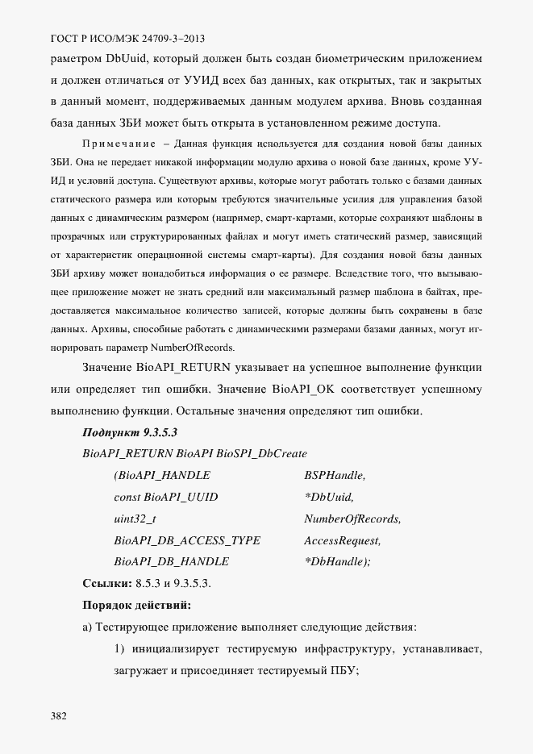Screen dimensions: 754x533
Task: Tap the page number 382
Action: coord(59,715)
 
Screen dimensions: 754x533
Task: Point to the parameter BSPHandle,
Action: coord(335,476)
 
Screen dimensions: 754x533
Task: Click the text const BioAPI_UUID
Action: coord(166,497)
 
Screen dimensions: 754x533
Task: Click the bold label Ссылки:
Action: coord(108,583)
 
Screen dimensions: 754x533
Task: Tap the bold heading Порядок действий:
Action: coord(136,605)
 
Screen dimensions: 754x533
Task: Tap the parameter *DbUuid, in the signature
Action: coord(329,497)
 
